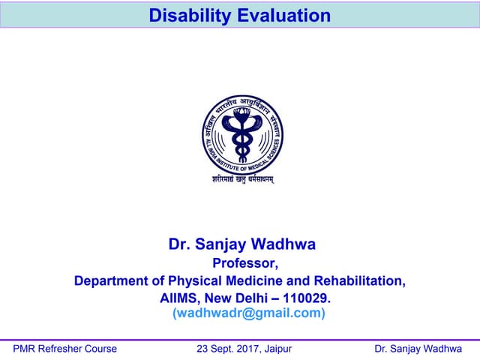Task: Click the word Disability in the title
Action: click(184, 16)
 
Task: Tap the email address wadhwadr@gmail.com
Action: click(249, 313)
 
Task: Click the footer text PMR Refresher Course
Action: click(65, 349)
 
